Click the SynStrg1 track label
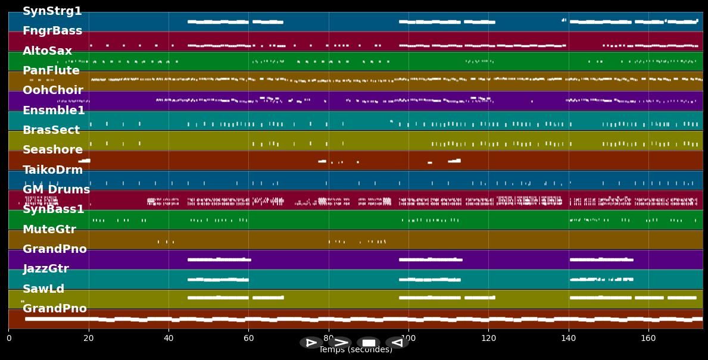(x=52, y=11)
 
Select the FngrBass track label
(x=52, y=31)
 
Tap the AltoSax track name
(x=47, y=51)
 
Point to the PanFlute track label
(x=51, y=71)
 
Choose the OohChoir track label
(x=52, y=90)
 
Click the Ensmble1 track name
(x=54, y=111)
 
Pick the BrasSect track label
(x=51, y=130)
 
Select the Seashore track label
(x=52, y=150)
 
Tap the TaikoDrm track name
(x=52, y=170)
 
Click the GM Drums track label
(x=56, y=190)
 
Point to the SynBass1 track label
(x=53, y=209)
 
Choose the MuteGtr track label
(x=49, y=230)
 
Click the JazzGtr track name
(x=46, y=269)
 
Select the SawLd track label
(x=43, y=289)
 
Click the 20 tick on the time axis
(x=89, y=339)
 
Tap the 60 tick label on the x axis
(x=248, y=339)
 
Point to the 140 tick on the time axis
(x=569, y=339)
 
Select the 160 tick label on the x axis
(x=648, y=339)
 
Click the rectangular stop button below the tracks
(x=369, y=343)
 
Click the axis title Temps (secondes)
(x=355, y=350)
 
